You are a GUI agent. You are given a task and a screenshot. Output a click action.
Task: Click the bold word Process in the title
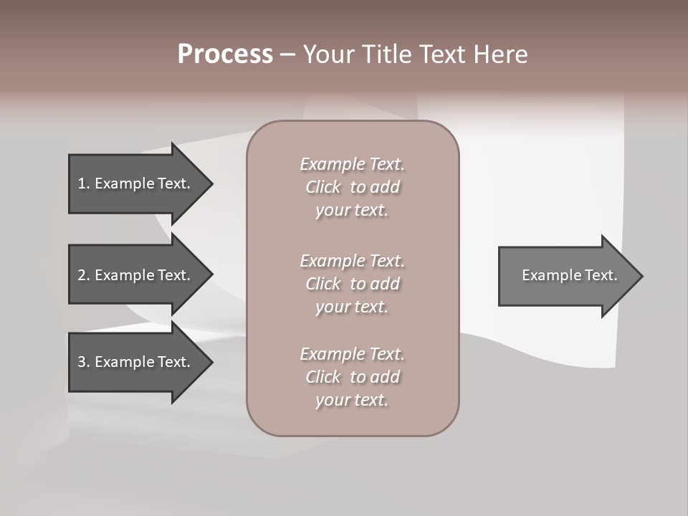click(x=225, y=54)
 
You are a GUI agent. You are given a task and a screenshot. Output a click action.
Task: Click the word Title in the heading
click(x=384, y=54)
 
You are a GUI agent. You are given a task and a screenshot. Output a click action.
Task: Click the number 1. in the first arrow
click(x=83, y=183)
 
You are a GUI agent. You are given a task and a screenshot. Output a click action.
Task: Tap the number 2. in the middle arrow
click(x=83, y=275)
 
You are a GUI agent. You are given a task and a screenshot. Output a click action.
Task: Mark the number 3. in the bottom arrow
click(x=83, y=362)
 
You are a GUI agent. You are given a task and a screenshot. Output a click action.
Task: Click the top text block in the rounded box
click(x=352, y=187)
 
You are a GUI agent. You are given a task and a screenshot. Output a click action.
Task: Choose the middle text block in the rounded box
click(x=352, y=284)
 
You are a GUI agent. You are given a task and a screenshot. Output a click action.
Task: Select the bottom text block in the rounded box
click(x=352, y=377)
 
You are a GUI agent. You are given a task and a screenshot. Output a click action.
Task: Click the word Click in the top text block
click(x=323, y=187)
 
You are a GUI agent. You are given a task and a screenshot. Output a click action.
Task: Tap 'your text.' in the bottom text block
click(x=352, y=400)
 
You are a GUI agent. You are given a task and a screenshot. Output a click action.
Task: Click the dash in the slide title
click(x=287, y=54)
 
